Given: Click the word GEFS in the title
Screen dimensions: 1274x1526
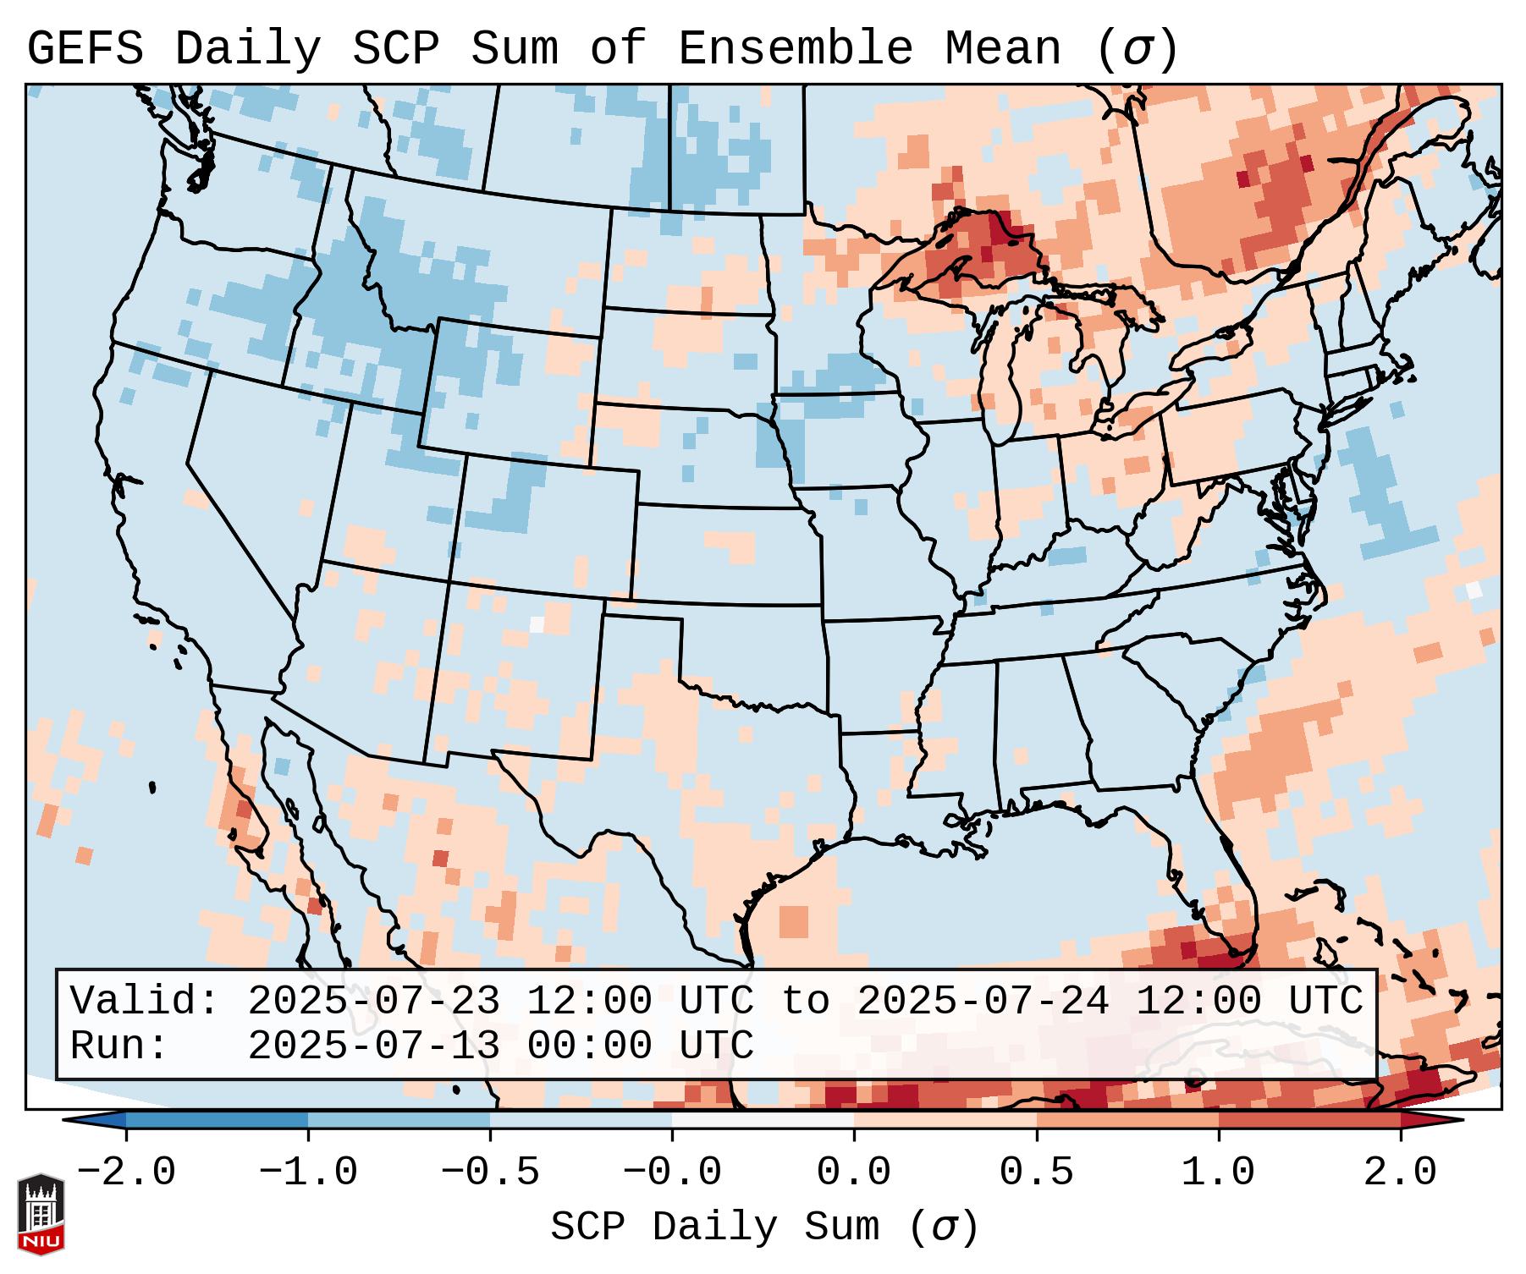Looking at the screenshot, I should click(x=85, y=48).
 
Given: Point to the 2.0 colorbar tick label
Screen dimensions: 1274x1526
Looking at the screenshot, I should click(x=1400, y=1172).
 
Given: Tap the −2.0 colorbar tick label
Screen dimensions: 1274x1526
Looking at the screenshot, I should click(x=126, y=1172).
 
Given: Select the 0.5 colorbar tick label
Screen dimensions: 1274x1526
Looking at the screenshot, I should click(x=1036, y=1172).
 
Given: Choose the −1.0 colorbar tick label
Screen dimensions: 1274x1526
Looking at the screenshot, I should click(x=308, y=1172).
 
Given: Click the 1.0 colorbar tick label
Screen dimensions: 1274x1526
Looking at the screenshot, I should click(x=1218, y=1172).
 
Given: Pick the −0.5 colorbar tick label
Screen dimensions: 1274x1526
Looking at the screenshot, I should click(x=490, y=1172).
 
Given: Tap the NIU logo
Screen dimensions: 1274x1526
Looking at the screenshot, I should click(x=41, y=1214).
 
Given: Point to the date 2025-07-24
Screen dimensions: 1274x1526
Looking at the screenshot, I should click(x=982, y=1001).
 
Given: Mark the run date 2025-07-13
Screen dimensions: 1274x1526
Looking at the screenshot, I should click(x=373, y=1046).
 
